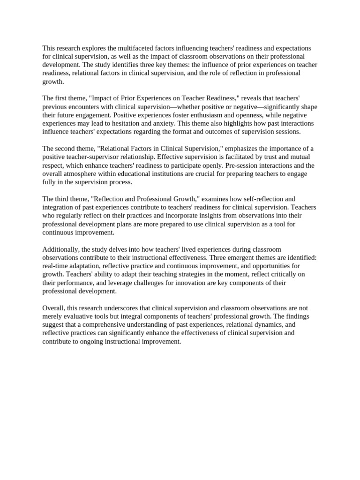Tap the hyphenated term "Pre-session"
tap(234, 165)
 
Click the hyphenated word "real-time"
tap(55, 266)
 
